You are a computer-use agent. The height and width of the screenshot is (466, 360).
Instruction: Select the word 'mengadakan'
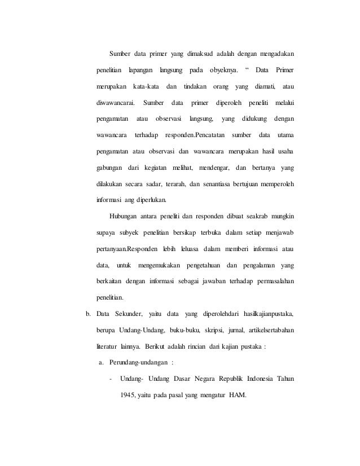[278, 54]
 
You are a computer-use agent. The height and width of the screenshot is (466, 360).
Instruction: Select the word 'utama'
[287, 136]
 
